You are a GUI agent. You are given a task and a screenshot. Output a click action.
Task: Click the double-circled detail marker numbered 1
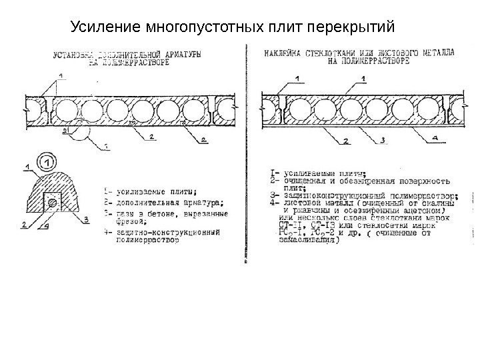pos(46,160)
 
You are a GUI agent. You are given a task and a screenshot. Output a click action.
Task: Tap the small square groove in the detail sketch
pos(50,201)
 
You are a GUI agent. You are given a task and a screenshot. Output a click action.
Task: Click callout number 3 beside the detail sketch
pos(87,217)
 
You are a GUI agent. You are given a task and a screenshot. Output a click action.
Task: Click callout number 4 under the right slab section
pos(437,137)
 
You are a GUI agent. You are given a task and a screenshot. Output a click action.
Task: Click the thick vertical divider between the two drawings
pos(247,153)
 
